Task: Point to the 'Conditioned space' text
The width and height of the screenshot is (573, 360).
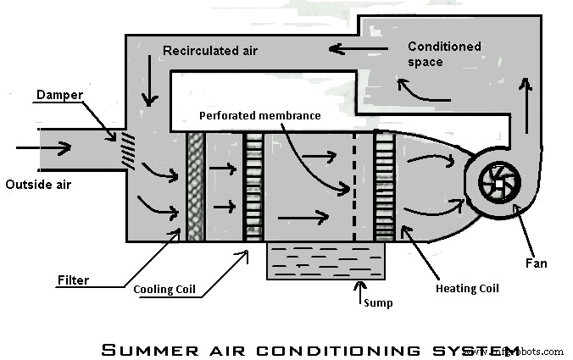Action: pos(443,54)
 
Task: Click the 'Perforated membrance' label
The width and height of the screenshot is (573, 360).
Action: pos(259,116)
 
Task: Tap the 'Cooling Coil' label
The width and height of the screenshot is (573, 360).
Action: pos(164,289)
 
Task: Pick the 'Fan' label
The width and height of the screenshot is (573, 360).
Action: pos(536,263)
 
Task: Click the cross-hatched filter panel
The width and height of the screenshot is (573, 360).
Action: pos(195,186)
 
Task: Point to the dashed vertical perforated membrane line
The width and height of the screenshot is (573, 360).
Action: pos(355,186)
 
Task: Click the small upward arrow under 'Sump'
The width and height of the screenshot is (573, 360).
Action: pos(359,293)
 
